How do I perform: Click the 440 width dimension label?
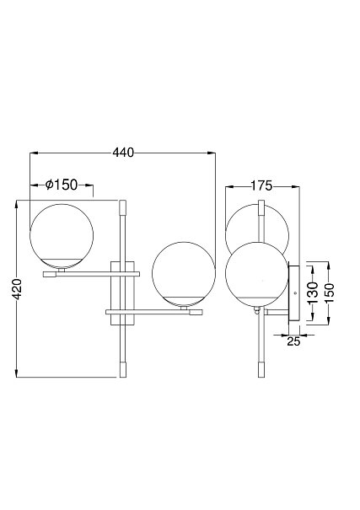123,153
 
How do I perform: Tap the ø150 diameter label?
62,185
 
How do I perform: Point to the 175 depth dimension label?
261,185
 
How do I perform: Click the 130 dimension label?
313,293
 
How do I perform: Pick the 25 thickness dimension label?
293,341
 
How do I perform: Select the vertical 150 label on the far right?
329,293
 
